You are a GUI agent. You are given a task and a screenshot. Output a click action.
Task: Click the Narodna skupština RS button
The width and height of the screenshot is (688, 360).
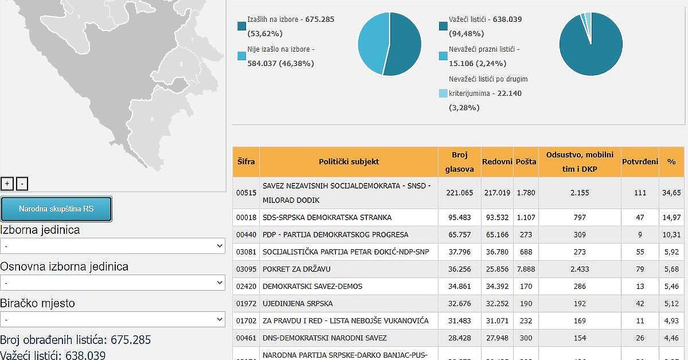(x=56, y=209)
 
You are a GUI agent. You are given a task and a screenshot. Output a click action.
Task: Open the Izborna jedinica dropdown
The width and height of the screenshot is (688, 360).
(x=112, y=246)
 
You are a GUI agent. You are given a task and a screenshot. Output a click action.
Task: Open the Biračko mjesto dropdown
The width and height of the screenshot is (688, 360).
(x=112, y=319)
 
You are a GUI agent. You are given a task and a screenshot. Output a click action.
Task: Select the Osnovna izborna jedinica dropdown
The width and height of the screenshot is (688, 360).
(x=112, y=283)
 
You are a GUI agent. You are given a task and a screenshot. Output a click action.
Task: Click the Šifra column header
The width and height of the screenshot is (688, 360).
(x=246, y=162)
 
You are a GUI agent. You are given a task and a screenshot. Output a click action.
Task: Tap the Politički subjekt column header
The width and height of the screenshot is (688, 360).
(x=349, y=162)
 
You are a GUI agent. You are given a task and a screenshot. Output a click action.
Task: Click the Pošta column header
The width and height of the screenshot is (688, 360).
(x=526, y=162)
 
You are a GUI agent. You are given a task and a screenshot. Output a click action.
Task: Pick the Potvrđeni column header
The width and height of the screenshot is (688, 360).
(x=640, y=162)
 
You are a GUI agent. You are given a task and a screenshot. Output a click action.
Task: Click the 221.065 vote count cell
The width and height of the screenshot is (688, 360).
(x=459, y=193)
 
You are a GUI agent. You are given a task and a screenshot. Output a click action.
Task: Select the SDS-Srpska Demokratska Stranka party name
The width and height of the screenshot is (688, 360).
(x=327, y=217)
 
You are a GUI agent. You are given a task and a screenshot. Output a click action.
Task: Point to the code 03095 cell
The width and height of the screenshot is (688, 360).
(x=246, y=269)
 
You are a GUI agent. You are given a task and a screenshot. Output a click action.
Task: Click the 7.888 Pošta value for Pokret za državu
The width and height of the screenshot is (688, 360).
(x=526, y=269)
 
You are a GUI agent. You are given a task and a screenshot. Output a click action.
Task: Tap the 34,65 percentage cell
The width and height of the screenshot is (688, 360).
(x=671, y=193)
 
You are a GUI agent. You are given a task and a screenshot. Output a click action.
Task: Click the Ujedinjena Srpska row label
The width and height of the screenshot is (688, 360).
(x=298, y=303)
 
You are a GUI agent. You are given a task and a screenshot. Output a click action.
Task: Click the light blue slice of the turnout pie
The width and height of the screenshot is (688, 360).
(x=373, y=43)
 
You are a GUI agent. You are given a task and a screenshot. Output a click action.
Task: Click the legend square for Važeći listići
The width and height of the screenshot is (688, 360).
(x=443, y=26)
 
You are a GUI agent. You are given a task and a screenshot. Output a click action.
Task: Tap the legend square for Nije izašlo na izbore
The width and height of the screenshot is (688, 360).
(x=241, y=56)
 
